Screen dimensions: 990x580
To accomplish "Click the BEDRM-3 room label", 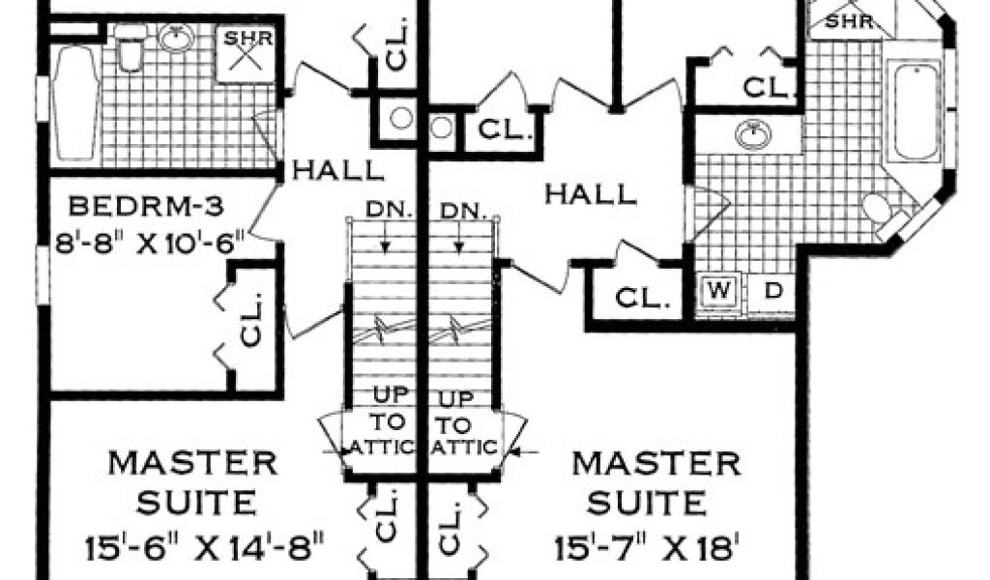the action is coord(146,206).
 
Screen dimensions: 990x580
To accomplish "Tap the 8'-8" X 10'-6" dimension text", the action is coord(149,243).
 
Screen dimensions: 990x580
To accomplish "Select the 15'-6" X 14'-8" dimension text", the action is coord(205,547).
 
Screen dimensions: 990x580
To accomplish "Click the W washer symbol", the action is coord(719,291).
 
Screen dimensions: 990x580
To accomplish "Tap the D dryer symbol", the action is coord(773,291).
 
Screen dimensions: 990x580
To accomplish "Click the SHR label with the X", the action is coord(247,52).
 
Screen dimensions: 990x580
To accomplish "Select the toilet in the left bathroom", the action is coord(131,47).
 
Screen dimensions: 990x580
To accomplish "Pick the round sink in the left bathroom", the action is coord(175,39).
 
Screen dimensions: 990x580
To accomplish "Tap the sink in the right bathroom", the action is coord(753,134).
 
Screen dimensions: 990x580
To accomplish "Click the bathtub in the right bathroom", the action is coord(915,111).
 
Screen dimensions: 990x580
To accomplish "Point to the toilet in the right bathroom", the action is coord(884,214).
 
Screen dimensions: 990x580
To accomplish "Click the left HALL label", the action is coord(337,170).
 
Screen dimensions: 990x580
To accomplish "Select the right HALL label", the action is coord(591,193).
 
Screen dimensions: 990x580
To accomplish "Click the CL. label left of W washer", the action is coord(642,298).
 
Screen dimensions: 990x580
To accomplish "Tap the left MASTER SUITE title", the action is coord(194,482).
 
